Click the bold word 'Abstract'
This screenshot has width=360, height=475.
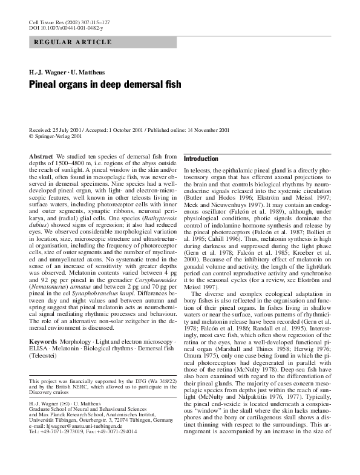coord(42,157)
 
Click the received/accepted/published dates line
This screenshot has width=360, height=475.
coord(129,130)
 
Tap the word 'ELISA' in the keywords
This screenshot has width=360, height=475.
coord(40,349)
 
